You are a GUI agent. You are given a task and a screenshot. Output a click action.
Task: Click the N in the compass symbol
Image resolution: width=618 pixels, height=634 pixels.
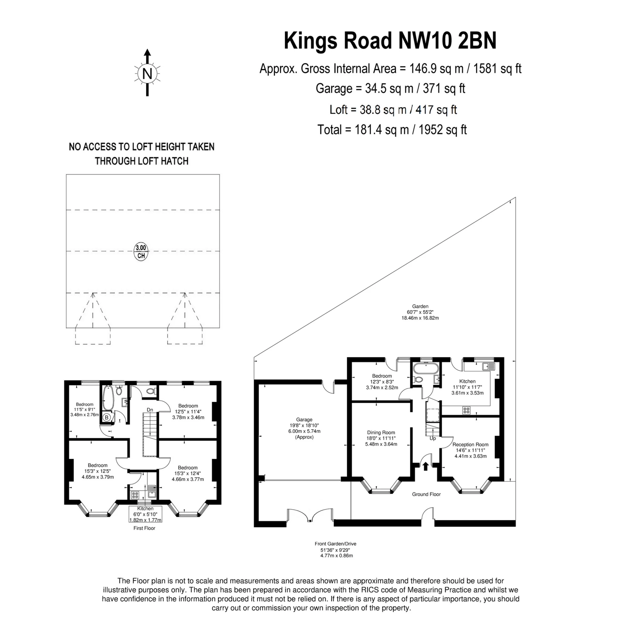[147, 74]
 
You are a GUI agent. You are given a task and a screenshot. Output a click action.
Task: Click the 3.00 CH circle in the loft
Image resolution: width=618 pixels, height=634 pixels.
[141, 251]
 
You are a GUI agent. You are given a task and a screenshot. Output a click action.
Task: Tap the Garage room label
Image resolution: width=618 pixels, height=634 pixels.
[304, 428]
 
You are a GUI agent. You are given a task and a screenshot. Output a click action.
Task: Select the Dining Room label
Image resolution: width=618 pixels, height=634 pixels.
[381, 438]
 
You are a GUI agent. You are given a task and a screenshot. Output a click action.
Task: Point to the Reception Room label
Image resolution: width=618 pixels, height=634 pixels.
[470, 450]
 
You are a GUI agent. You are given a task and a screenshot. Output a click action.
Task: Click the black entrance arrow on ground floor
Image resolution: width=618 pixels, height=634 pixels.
[425, 466]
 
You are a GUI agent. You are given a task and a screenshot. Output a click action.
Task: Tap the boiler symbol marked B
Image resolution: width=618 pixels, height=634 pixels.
[107, 417]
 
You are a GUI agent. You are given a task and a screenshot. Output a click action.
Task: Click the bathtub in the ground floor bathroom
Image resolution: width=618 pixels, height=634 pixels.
[426, 369]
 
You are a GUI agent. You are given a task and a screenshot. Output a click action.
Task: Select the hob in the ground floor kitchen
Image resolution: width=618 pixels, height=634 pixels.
[466, 410]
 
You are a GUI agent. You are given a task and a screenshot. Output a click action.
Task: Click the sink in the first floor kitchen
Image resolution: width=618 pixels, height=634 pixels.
[152, 491]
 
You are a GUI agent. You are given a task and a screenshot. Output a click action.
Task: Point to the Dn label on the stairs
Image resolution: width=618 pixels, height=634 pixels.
[150, 410]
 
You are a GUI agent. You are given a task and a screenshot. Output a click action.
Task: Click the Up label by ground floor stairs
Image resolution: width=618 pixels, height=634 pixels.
[433, 438]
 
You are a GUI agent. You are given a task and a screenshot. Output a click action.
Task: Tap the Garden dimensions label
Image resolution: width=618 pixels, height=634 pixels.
[420, 312]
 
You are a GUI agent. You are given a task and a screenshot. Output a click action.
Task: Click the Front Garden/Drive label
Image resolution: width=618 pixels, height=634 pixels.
[335, 544]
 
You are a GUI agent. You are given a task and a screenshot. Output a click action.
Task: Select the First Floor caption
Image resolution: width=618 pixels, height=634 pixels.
[144, 528]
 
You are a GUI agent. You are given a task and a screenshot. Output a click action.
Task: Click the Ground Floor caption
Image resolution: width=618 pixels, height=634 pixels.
[426, 494]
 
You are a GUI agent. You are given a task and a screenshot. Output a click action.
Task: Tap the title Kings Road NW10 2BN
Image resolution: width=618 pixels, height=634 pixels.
[390, 41]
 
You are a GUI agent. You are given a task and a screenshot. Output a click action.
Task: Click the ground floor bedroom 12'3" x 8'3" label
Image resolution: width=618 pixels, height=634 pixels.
[382, 382]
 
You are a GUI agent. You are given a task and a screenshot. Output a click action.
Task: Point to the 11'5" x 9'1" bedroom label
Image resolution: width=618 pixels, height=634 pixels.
[84, 409]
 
